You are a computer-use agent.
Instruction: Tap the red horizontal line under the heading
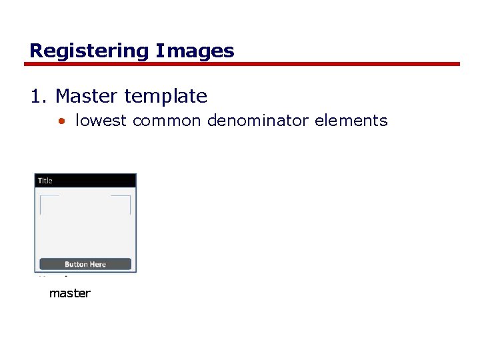[242, 64]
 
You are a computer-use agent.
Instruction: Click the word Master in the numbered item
[87, 96]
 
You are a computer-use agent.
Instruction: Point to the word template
[165, 96]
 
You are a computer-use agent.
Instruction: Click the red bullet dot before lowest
[61, 121]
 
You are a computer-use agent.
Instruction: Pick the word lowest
[101, 121]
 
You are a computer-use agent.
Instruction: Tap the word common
[167, 121]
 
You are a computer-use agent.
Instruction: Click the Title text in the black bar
[45, 181]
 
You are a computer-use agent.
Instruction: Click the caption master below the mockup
[69, 293]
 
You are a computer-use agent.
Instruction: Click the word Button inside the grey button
[77, 265]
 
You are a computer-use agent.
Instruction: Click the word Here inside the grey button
[98, 265]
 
